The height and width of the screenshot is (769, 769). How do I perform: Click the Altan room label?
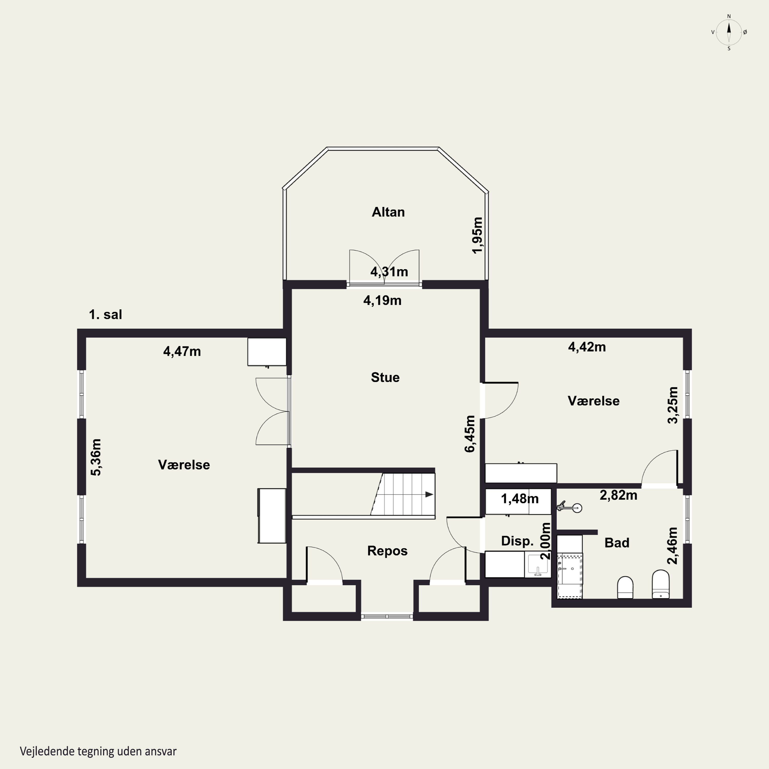pyautogui.click(x=388, y=212)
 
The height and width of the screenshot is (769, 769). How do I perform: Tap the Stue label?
pyautogui.click(x=385, y=377)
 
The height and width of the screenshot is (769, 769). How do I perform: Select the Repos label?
pyautogui.click(x=387, y=551)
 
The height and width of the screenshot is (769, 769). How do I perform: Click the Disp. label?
pyautogui.click(x=517, y=541)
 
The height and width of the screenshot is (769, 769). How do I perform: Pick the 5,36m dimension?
pyautogui.click(x=96, y=457)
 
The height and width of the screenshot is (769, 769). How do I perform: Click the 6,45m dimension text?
pyautogui.click(x=470, y=434)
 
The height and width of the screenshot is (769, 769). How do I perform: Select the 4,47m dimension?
pyautogui.click(x=182, y=351)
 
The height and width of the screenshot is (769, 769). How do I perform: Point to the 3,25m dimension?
pyautogui.click(x=672, y=405)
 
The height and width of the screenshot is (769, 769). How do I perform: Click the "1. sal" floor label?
pyautogui.click(x=105, y=315)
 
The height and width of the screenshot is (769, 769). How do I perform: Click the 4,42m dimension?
pyautogui.click(x=587, y=347)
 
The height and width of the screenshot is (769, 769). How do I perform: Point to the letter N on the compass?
pyautogui.click(x=729, y=16)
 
